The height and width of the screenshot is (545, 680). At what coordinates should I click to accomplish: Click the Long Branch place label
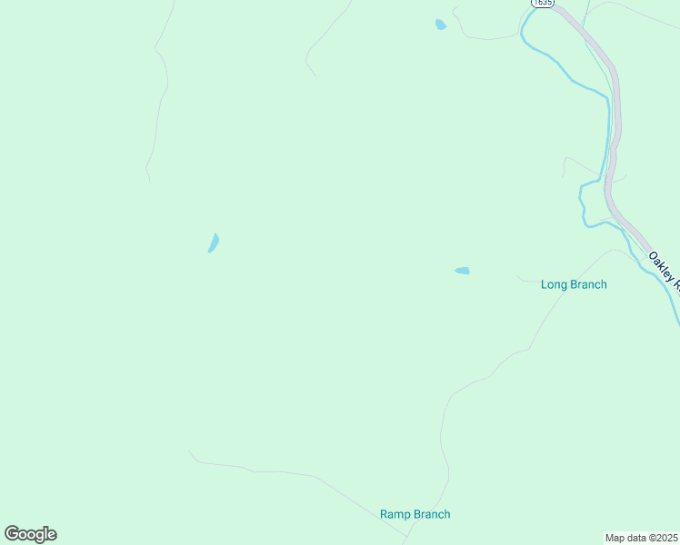574,284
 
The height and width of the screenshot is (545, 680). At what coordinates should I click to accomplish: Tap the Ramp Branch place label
415,514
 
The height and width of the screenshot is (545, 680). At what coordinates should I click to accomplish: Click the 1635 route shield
542,4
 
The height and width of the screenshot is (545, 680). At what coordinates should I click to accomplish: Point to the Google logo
30,534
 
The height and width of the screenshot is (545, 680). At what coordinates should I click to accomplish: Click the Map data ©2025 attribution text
641,538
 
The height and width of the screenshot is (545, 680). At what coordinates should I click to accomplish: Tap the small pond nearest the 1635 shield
441,25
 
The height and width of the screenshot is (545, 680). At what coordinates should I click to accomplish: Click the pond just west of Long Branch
462,271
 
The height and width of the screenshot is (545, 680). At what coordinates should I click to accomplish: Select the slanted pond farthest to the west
214,243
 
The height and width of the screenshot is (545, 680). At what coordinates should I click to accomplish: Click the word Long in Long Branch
554,284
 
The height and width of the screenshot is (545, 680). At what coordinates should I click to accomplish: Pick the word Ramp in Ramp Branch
395,514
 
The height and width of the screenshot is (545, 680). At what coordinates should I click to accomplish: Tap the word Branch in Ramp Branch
431,514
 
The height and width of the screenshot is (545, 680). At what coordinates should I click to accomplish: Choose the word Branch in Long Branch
588,284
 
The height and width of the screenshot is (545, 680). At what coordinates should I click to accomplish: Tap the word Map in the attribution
615,538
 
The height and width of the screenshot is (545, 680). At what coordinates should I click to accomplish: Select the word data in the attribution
635,538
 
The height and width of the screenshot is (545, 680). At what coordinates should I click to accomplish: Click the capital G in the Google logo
12,533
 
